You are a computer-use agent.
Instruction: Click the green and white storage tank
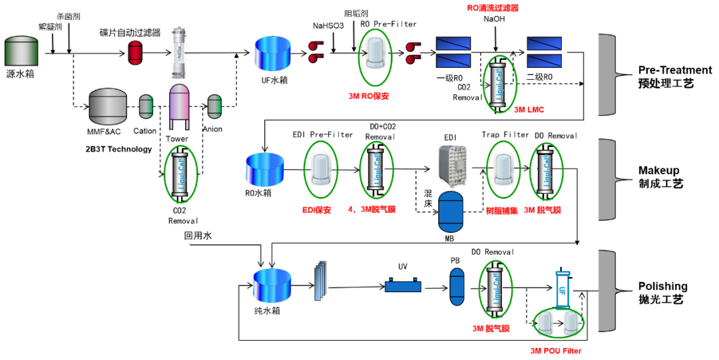point(21,51)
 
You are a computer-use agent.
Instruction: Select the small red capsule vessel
point(135,53)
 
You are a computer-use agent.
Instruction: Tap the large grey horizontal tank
point(108,106)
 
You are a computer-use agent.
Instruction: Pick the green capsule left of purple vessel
point(146,106)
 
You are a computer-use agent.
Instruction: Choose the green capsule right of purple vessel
point(214,106)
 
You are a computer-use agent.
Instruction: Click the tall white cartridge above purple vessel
point(178,53)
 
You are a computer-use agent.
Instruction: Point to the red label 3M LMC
point(529,110)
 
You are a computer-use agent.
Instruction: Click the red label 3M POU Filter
point(556,351)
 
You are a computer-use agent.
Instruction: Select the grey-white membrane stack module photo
point(451,166)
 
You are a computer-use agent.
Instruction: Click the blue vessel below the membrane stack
point(451,212)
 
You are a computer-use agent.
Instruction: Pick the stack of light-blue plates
point(320,280)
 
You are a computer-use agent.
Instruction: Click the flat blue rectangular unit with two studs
point(403,285)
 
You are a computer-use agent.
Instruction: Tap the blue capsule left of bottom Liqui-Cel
point(457,287)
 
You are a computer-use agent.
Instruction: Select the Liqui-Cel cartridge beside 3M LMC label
point(500,84)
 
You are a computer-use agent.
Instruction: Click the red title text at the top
point(493,8)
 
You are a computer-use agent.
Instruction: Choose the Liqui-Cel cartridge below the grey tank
point(180,174)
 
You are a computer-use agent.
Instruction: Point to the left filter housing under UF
point(545,323)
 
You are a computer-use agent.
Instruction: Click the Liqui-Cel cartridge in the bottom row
point(495,289)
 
